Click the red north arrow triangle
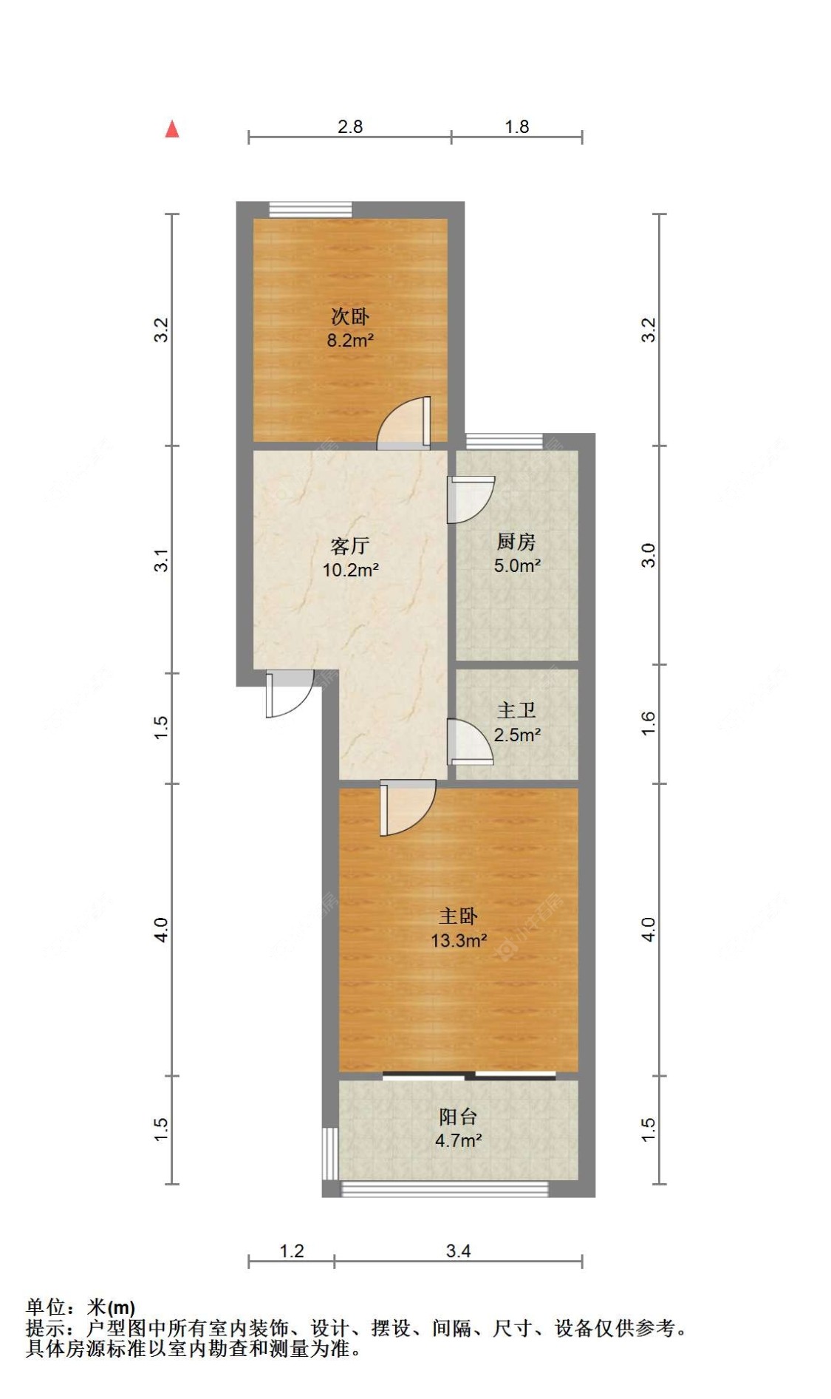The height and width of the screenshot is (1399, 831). coord(172,129)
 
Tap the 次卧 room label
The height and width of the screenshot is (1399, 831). coord(349,317)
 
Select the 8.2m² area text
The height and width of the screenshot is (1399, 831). coord(350,341)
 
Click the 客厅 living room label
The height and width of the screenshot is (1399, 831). coord(349,546)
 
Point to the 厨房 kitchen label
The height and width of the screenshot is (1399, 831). coord(516,542)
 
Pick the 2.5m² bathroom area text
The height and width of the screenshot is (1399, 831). coord(517,735)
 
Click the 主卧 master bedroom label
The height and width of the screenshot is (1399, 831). coord(458,916)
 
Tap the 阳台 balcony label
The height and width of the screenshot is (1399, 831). coord(458,1117)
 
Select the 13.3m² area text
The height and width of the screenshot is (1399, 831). coord(459,941)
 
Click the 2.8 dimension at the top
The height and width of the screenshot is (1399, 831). coord(350,126)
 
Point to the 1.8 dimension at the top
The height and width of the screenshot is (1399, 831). coord(517,126)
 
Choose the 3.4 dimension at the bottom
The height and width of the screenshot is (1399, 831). coord(459,1250)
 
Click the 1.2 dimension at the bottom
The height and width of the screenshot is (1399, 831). coord(292,1250)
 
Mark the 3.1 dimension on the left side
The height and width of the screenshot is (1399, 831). coord(162,559)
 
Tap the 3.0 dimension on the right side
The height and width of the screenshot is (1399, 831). coord(648,555)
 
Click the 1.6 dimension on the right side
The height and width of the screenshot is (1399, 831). coord(648,723)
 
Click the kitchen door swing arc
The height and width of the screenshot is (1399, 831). coord(471,499)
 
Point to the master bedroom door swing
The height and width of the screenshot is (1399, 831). coord(406,809)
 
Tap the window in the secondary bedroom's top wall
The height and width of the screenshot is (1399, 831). coord(310,209)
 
